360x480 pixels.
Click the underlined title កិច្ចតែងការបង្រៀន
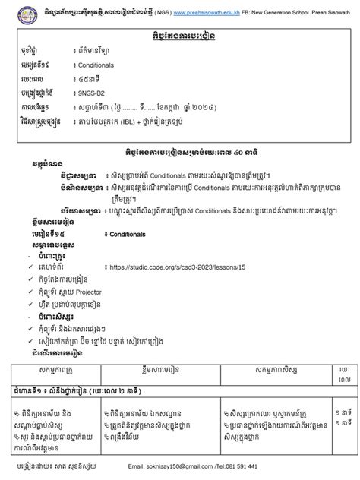180,35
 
